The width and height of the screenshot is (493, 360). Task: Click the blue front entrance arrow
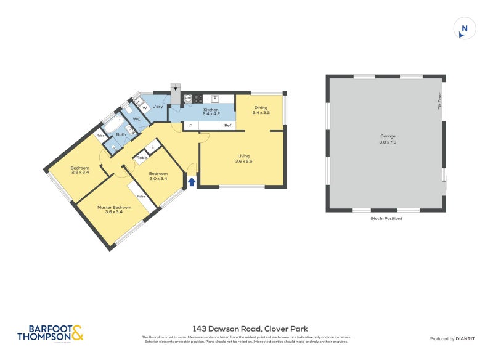click(x=192, y=182)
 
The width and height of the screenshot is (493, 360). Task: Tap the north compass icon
click(x=465, y=29)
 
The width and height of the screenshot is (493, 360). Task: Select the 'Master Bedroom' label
click(x=114, y=208)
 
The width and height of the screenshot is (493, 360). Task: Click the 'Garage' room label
click(x=388, y=136)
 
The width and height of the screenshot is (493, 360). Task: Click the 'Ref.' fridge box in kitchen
click(x=227, y=126)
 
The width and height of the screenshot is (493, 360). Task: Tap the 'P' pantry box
click(x=191, y=126)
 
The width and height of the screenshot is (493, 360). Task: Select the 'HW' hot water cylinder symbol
click(x=188, y=99)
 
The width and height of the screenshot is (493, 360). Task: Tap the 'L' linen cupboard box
click(x=152, y=146)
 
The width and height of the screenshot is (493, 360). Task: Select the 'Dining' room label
click(x=260, y=108)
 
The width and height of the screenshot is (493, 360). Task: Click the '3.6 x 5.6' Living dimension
click(x=244, y=161)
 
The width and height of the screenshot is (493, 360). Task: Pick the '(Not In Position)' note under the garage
click(x=386, y=219)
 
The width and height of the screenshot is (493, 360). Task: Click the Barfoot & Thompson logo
click(x=49, y=333)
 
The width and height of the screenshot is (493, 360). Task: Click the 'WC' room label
click(x=136, y=119)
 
